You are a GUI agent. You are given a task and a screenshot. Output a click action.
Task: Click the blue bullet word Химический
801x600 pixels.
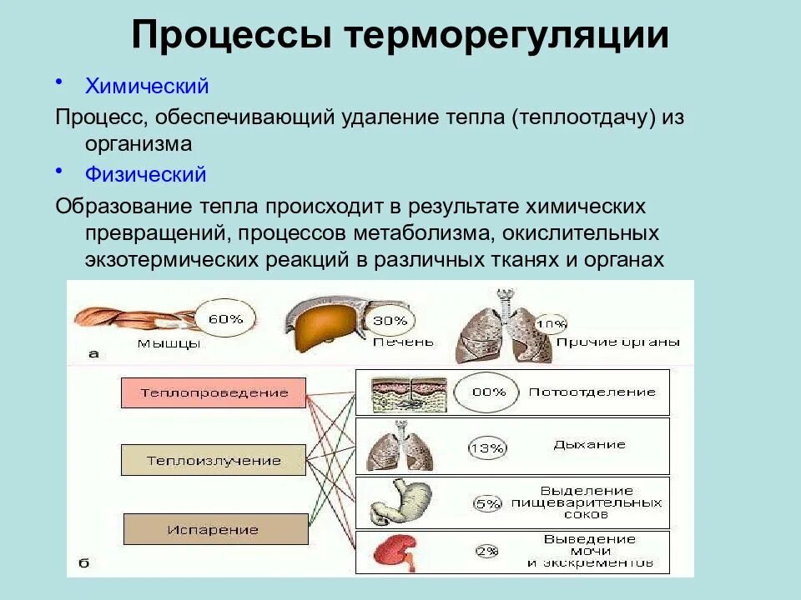tap(146, 86)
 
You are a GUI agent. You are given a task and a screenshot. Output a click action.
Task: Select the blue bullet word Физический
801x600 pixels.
tap(145, 175)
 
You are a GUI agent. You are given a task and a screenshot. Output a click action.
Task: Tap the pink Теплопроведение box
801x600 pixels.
tap(214, 392)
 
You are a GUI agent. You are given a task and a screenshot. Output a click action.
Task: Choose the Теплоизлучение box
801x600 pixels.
tap(214, 460)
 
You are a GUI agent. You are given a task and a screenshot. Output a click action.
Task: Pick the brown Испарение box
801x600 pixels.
tap(215, 529)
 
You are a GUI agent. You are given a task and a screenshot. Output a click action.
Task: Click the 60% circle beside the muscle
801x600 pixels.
tap(224, 318)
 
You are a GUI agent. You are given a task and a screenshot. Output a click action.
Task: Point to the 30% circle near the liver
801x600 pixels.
tap(390, 320)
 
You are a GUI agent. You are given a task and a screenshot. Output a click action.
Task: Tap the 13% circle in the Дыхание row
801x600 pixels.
tap(487, 448)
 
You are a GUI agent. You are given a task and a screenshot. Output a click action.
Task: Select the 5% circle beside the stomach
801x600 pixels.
tap(486, 503)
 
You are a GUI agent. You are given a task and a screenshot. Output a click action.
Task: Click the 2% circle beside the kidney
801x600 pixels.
tap(486, 551)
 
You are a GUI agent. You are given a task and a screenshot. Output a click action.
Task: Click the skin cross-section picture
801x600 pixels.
tap(409, 392)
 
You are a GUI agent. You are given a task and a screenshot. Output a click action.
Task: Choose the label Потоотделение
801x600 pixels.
tap(592, 392)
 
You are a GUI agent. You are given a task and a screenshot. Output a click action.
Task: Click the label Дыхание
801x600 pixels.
tap(589, 445)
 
